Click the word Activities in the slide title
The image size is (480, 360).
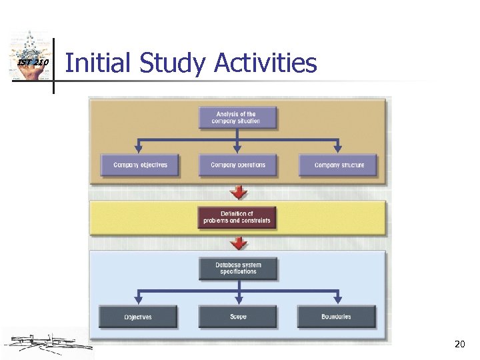[x=266, y=64]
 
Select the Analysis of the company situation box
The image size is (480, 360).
[x=237, y=118]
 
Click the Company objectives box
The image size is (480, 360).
[x=140, y=165]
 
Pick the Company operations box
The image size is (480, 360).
[x=237, y=165]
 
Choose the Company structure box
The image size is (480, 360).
[x=339, y=165]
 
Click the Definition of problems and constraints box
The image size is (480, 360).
[x=237, y=217]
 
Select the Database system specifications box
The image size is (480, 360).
[x=238, y=268]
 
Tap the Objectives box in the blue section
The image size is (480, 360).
[x=138, y=317]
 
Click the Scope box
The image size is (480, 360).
[x=238, y=317]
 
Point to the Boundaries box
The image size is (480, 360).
[x=337, y=317]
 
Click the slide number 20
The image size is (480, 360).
[x=459, y=345]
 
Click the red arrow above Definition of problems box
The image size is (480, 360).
[x=238, y=193]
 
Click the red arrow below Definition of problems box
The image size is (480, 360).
[x=238, y=242]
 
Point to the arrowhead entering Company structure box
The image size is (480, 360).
[x=338, y=149]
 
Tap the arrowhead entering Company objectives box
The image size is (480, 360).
[x=139, y=149]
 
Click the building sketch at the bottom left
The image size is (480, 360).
[x=47, y=343]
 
